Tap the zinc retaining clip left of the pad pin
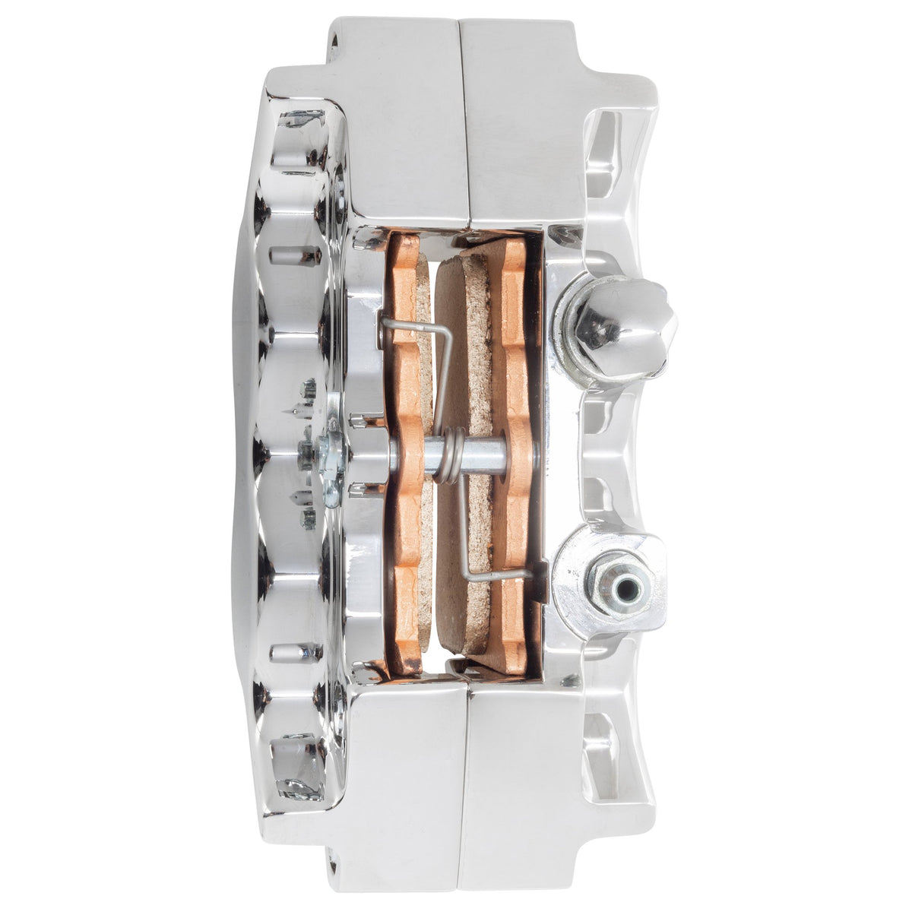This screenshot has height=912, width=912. click(x=331, y=464)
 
